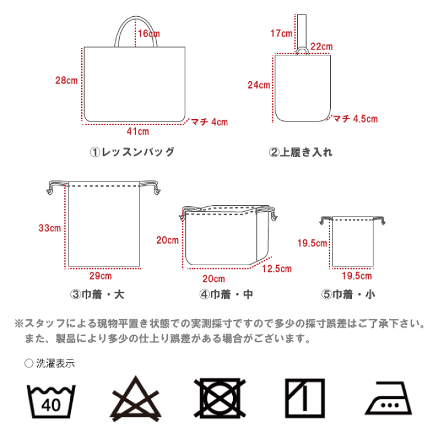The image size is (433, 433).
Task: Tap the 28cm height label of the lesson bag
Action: click(x=66, y=80)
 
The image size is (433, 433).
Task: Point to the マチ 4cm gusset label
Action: click(x=209, y=122)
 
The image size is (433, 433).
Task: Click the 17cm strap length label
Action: click(x=281, y=33)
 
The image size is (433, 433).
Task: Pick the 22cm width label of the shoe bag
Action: click(x=322, y=46)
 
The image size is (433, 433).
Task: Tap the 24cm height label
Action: click(x=259, y=85)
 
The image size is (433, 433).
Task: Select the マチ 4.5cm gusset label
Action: click(x=355, y=119)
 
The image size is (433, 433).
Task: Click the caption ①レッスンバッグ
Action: click(x=132, y=152)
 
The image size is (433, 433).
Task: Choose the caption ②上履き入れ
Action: click(x=300, y=152)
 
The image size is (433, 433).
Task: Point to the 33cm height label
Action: click(x=49, y=228)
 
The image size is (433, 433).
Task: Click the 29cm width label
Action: click(x=100, y=276)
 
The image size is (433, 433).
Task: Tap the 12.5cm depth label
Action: click(x=277, y=269)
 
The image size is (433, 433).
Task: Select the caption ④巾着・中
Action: click(x=226, y=295)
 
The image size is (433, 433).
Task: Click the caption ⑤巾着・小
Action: click(x=348, y=295)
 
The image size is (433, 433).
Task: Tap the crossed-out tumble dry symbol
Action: click(x=220, y=399)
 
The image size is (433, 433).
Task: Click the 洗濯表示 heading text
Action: click(x=54, y=363)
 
